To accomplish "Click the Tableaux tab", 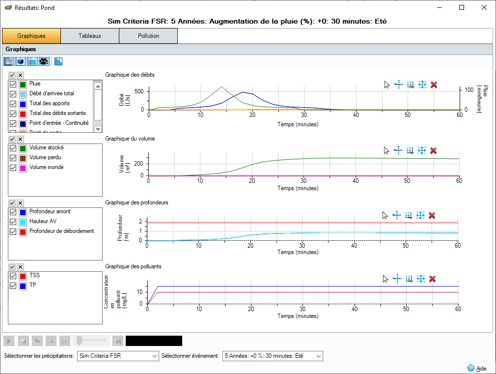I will click(89, 36).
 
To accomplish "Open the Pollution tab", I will click(148, 36).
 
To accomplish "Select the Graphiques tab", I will click(31, 36).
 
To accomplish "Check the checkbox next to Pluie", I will click(13, 84).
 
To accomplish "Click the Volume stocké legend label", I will click(46, 147).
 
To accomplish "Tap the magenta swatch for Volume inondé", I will click(23, 168).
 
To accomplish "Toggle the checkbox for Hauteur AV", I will click(13, 222).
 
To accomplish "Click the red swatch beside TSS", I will click(23, 276).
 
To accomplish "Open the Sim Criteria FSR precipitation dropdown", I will click(118, 355).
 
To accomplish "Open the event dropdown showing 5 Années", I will click(273, 355).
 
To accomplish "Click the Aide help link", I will click(481, 368).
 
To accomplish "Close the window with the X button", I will click(484, 7).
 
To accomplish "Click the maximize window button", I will click(462, 7).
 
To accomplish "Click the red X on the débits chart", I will click(434, 85).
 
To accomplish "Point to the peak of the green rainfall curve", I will click(221, 87).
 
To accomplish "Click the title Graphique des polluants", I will click(133, 266).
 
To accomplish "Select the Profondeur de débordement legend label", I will click(61, 231).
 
